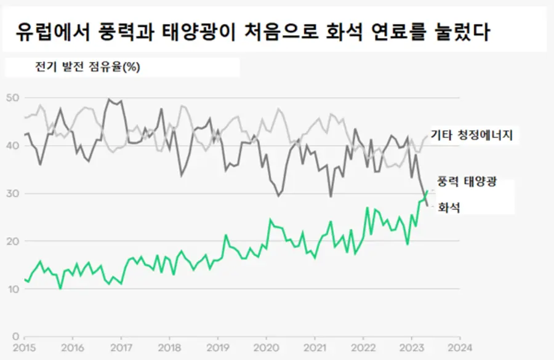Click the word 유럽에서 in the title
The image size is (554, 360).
coord(51,31)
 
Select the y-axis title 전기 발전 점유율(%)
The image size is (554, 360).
coord(87,67)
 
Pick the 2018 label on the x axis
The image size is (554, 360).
coord(169,348)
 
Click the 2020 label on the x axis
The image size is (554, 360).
coord(266,348)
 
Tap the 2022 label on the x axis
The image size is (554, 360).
coord(363,348)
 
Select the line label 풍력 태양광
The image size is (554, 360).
coord(467,182)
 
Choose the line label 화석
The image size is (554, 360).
coord(449,208)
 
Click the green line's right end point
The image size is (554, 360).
coord(427,191)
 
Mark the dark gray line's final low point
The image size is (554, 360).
coord(427,206)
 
